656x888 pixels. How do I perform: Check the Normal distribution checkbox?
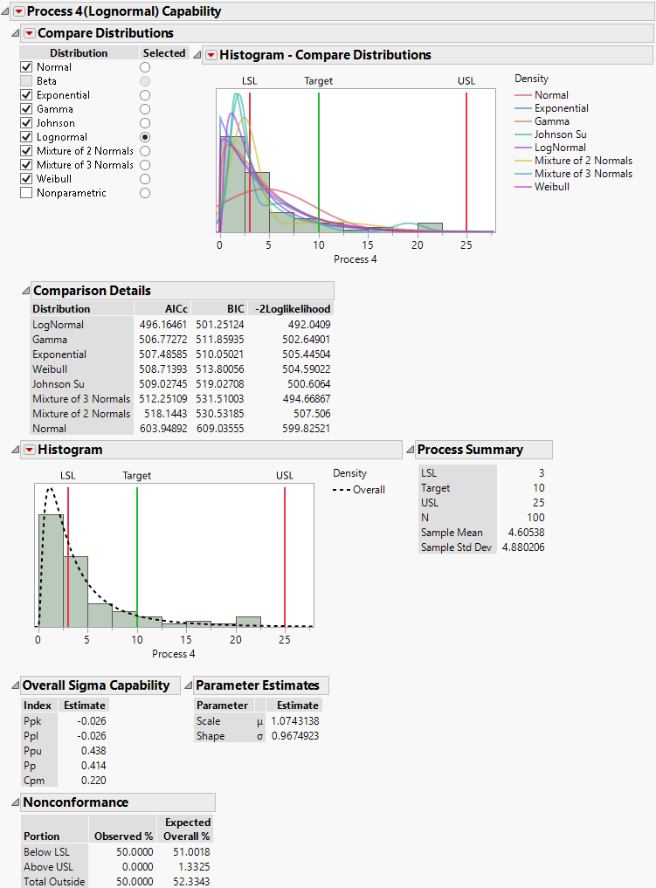point(26,67)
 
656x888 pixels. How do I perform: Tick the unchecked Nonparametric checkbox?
point(26,193)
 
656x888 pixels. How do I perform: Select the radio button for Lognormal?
point(145,137)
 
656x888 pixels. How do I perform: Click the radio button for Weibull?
point(145,179)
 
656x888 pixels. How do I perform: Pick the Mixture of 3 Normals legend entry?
point(583,174)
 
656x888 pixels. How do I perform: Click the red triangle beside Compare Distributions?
point(29,33)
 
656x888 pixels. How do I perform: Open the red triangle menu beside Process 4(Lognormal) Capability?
point(18,11)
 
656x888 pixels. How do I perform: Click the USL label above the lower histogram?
point(285,476)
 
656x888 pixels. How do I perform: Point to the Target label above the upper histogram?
point(318,81)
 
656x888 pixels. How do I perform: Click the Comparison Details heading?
point(92,291)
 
